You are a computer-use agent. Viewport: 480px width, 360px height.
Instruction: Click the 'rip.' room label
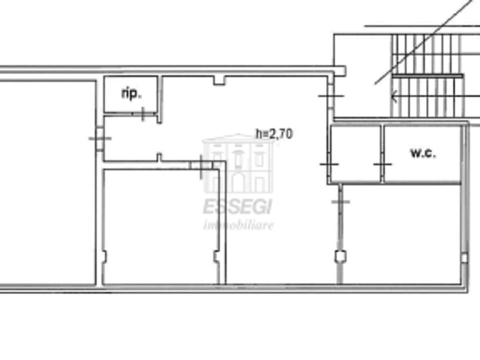click(131, 93)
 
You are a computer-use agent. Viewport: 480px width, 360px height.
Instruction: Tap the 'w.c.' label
click(423, 152)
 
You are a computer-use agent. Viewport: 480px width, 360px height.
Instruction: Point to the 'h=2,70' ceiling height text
click(274, 134)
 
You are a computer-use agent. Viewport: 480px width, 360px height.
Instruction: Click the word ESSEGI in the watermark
click(237, 206)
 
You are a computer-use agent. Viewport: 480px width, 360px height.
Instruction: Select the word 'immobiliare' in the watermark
click(238, 225)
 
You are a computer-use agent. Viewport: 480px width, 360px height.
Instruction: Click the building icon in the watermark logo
click(238, 164)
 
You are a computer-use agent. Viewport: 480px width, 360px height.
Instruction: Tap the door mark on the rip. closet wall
click(143, 113)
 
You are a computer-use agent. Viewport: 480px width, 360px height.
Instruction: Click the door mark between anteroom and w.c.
click(382, 164)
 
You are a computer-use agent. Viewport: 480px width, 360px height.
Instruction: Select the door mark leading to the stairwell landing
click(331, 96)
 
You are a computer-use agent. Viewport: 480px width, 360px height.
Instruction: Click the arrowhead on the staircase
click(394, 96)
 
